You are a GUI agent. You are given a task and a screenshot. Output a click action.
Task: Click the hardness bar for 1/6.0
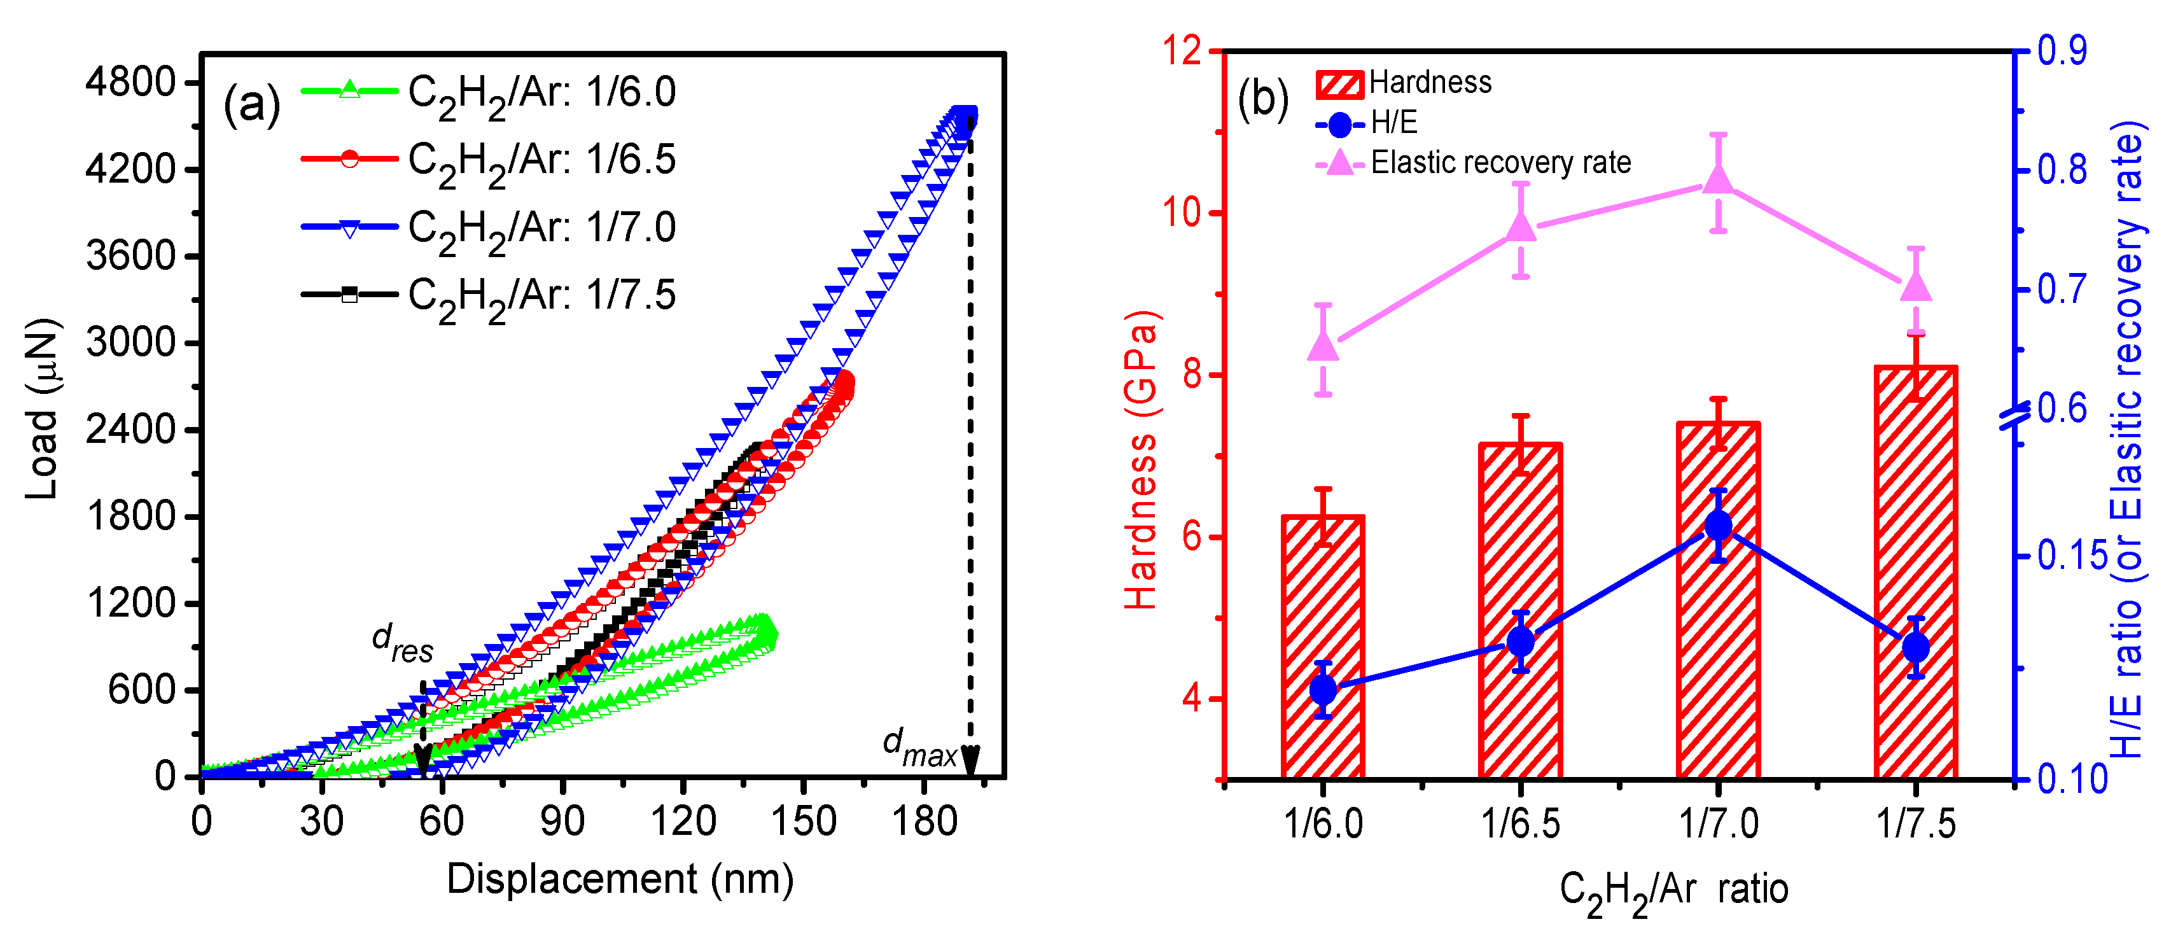[x=1322, y=649]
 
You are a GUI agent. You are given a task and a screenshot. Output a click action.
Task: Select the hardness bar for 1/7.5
[x=1916, y=573]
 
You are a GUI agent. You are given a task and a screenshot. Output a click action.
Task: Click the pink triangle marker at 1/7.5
[x=1916, y=286]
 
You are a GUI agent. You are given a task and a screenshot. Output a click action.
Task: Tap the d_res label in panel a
[x=402, y=643]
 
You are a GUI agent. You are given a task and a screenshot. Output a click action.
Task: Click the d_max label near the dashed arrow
[x=919, y=748]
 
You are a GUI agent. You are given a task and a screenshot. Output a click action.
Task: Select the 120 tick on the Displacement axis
[x=683, y=820]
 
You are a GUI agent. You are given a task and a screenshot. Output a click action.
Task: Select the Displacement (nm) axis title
[x=620, y=879]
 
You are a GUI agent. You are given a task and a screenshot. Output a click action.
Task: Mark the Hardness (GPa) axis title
[x=1143, y=459]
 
